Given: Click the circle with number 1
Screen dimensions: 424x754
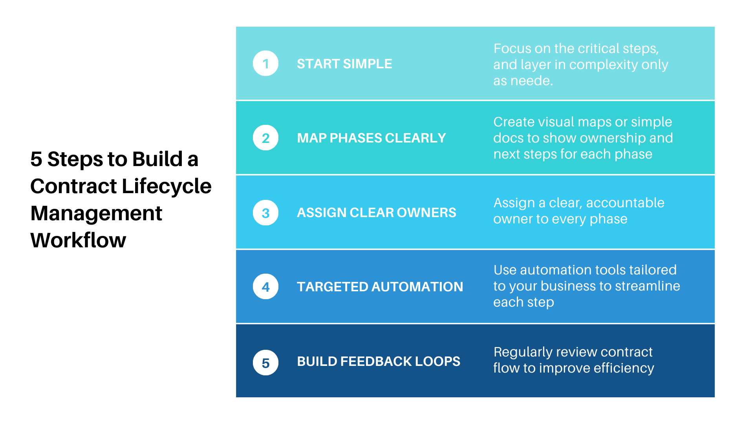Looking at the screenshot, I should coord(265,63).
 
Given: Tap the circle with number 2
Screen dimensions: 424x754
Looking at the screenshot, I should coord(265,138).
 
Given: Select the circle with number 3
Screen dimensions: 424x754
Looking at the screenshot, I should coord(265,213).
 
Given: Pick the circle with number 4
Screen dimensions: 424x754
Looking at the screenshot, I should coord(265,287).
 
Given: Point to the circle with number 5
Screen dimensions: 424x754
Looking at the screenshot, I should coord(265,363).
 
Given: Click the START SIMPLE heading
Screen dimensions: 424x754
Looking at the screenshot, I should coord(344,64).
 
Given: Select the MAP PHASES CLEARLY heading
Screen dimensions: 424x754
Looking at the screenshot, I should coord(371,138).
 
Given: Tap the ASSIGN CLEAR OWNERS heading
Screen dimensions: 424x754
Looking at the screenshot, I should coord(376,213).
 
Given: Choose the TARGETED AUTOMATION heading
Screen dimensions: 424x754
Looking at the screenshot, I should coord(380,287).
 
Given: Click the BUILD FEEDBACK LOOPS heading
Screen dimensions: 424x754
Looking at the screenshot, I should coord(378,362).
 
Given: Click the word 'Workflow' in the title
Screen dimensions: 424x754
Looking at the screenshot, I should coord(78,240).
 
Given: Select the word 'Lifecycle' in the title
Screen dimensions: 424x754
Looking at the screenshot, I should coord(167,186).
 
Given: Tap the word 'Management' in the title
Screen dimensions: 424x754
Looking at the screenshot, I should coord(96,213).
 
